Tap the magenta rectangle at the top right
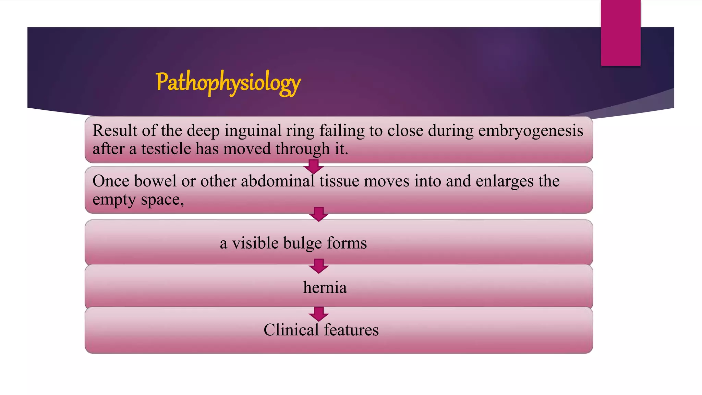[620, 33]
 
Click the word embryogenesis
[531, 131]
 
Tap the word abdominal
[278, 181]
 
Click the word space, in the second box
[162, 200]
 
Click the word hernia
[325, 287]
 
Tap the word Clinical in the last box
[291, 330]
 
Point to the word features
[351, 330]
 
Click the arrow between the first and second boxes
[313, 167]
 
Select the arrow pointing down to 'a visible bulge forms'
[318, 214]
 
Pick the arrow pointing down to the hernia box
[318, 266]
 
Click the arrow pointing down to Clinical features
[318, 314]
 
